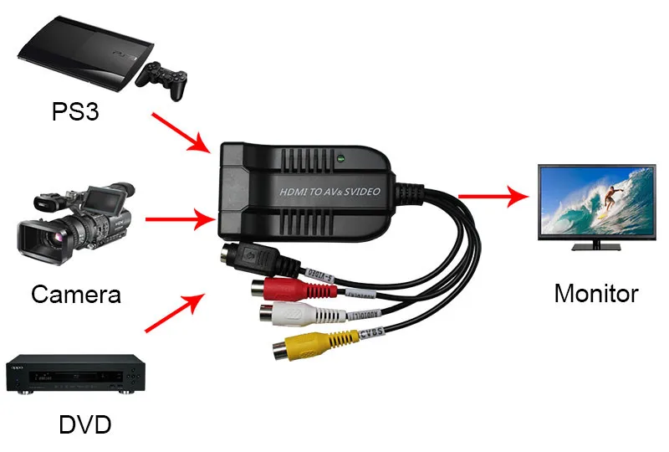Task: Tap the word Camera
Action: pos(76,294)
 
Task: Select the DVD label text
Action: pos(84,424)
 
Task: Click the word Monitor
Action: pos(596,294)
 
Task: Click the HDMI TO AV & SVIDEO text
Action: pos(330,192)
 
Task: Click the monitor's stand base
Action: pos(596,248)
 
